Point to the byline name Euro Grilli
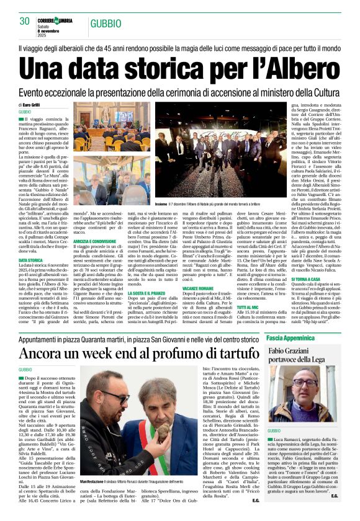pyautogui.click(x=32, y=105)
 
